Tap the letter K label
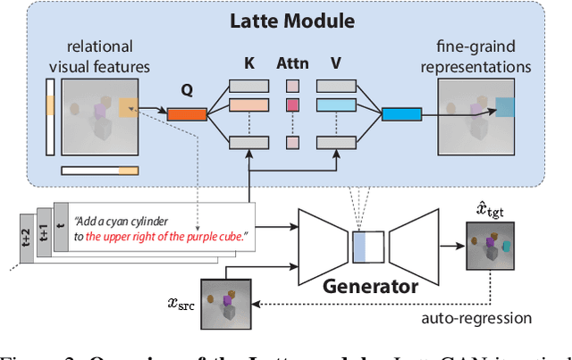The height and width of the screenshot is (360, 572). [x=248, y=65]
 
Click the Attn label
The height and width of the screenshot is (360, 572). [x=291, y=65]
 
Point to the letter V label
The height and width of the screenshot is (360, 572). [x=336, y=65]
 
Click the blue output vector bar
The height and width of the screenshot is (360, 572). [x=402, y=113]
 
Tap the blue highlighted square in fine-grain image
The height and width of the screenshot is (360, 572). [x=505, y=108]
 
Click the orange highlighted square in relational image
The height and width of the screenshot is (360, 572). [x=129, y=107]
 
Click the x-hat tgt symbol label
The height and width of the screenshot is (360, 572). [x=488, y=211]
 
